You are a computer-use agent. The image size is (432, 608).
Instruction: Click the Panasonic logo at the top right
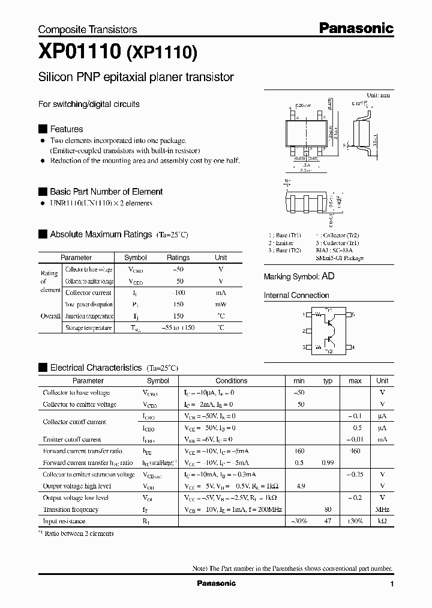click(x=356, y=28)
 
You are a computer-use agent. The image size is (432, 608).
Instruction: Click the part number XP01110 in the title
click(x=80, y=52)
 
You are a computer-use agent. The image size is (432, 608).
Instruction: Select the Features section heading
click(x=66, y=129)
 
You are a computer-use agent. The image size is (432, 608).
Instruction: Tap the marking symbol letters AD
click(x=328, y=277)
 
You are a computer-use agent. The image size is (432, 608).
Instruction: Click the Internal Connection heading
click(x=296, y=296)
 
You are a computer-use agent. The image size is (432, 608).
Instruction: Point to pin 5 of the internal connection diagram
click(x=353, y=314)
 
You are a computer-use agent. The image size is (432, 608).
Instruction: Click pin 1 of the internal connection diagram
click(x=304, y=314)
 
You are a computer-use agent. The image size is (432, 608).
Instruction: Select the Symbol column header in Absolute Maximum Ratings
click(x=135, y=258)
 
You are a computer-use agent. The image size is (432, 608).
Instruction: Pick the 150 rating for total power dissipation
click(x=178, y=305)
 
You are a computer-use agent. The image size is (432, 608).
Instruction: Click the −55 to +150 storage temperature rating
click(x=178, y=328)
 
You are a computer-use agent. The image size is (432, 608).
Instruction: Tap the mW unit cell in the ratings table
click(x=221, y=305)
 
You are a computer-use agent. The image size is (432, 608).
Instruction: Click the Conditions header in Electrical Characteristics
click(x=231, y=381)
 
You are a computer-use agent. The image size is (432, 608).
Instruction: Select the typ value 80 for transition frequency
click(x=328, y=509)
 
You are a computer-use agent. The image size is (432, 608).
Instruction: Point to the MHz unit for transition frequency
click(x=382, y=509)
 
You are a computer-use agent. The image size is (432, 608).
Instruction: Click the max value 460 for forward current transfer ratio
click(x=355, y=451)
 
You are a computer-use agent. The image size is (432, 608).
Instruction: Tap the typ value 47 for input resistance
click(x=328, y=521)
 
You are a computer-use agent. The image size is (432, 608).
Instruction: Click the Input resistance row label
click(x=64, y=521)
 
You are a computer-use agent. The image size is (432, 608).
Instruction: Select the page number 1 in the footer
click(x=391, y=584)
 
